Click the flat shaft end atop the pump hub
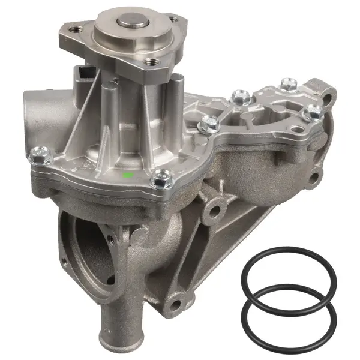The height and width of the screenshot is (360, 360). tap(133, 22)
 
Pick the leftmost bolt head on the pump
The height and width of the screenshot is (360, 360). tap(38, 155)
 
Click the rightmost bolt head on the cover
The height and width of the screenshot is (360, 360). tap(313, 112)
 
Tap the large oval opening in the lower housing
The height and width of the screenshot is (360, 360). tap(87, 246)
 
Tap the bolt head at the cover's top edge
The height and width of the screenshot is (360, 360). tap(289, 85)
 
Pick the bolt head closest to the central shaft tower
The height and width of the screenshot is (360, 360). tap(208, 124)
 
